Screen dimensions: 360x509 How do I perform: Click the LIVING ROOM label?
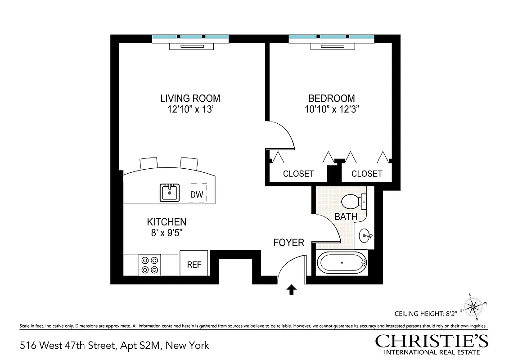click(190, 98)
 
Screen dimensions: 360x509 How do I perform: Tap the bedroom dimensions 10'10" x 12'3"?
click(332, 109)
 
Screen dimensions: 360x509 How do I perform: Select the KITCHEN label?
click(167, 222)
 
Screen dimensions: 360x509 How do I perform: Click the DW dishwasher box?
click(197, 195)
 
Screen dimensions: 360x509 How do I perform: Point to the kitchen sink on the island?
click(170, 193)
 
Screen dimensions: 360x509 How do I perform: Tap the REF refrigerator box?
click(194, 265)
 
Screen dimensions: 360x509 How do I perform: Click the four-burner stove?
click(150, 265)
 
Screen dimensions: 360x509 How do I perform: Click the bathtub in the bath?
click(342, 263)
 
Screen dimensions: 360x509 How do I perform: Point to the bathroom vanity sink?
click(365, 235)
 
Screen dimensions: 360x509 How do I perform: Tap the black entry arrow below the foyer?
click(292, 290)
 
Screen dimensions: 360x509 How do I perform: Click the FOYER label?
click(289, 243)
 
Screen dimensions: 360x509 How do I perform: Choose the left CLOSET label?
click(298, 174)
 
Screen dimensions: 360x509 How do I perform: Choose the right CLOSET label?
click(367, 174)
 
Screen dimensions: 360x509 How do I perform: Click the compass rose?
click(473, 307)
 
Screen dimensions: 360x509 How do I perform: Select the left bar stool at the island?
click(149, 162)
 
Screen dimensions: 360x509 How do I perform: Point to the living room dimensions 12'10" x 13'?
click(190, 109)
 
